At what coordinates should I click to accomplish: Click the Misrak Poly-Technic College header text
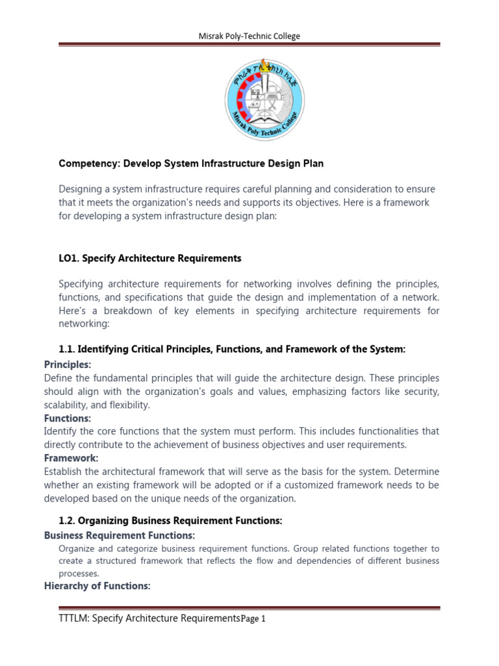pos(249,36)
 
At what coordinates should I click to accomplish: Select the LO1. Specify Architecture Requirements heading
pos(150,258)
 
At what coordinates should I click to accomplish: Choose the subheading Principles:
pos(68,364)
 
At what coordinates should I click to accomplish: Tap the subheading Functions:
pos(68,418)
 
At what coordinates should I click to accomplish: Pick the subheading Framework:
pos(70,458)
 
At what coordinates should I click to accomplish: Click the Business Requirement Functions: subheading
pos(120,535)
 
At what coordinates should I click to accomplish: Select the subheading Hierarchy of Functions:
pos(97,586)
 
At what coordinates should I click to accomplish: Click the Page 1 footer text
pos(253,619)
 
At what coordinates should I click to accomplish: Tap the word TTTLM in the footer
pos(73,619)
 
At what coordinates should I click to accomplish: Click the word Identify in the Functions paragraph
pos(60,431)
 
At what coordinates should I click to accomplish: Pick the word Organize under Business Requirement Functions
pos(76,548)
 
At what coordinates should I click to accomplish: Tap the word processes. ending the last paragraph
pos(79,574)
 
